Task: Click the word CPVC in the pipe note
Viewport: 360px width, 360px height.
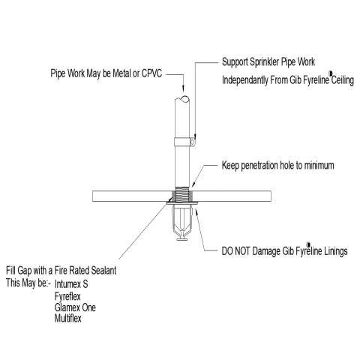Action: coord(151,73)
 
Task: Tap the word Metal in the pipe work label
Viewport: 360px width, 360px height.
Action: coord(121,73)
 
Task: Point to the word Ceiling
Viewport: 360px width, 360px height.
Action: coord(343,80)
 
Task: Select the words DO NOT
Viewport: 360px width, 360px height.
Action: coord(235,251)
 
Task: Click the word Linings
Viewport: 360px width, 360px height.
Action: coord(336,251)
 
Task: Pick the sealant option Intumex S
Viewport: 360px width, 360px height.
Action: coord(71,284)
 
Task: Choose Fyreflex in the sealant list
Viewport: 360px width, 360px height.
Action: coord(67,297)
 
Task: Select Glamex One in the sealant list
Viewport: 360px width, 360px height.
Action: coord(75,307)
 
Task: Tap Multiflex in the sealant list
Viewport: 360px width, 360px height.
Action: coord(68,318)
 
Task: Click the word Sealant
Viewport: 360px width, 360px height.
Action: coord(103,271)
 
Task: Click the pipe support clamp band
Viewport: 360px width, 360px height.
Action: coord(182,142)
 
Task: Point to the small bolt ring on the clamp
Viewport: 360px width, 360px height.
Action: coord(193,142)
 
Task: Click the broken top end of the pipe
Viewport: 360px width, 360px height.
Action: coord(182,99)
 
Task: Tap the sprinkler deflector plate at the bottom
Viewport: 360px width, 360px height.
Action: coord(182,239)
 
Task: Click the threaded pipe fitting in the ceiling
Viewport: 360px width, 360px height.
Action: coord(182,195)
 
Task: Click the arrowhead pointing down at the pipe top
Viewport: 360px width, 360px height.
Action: coord(183,88)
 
